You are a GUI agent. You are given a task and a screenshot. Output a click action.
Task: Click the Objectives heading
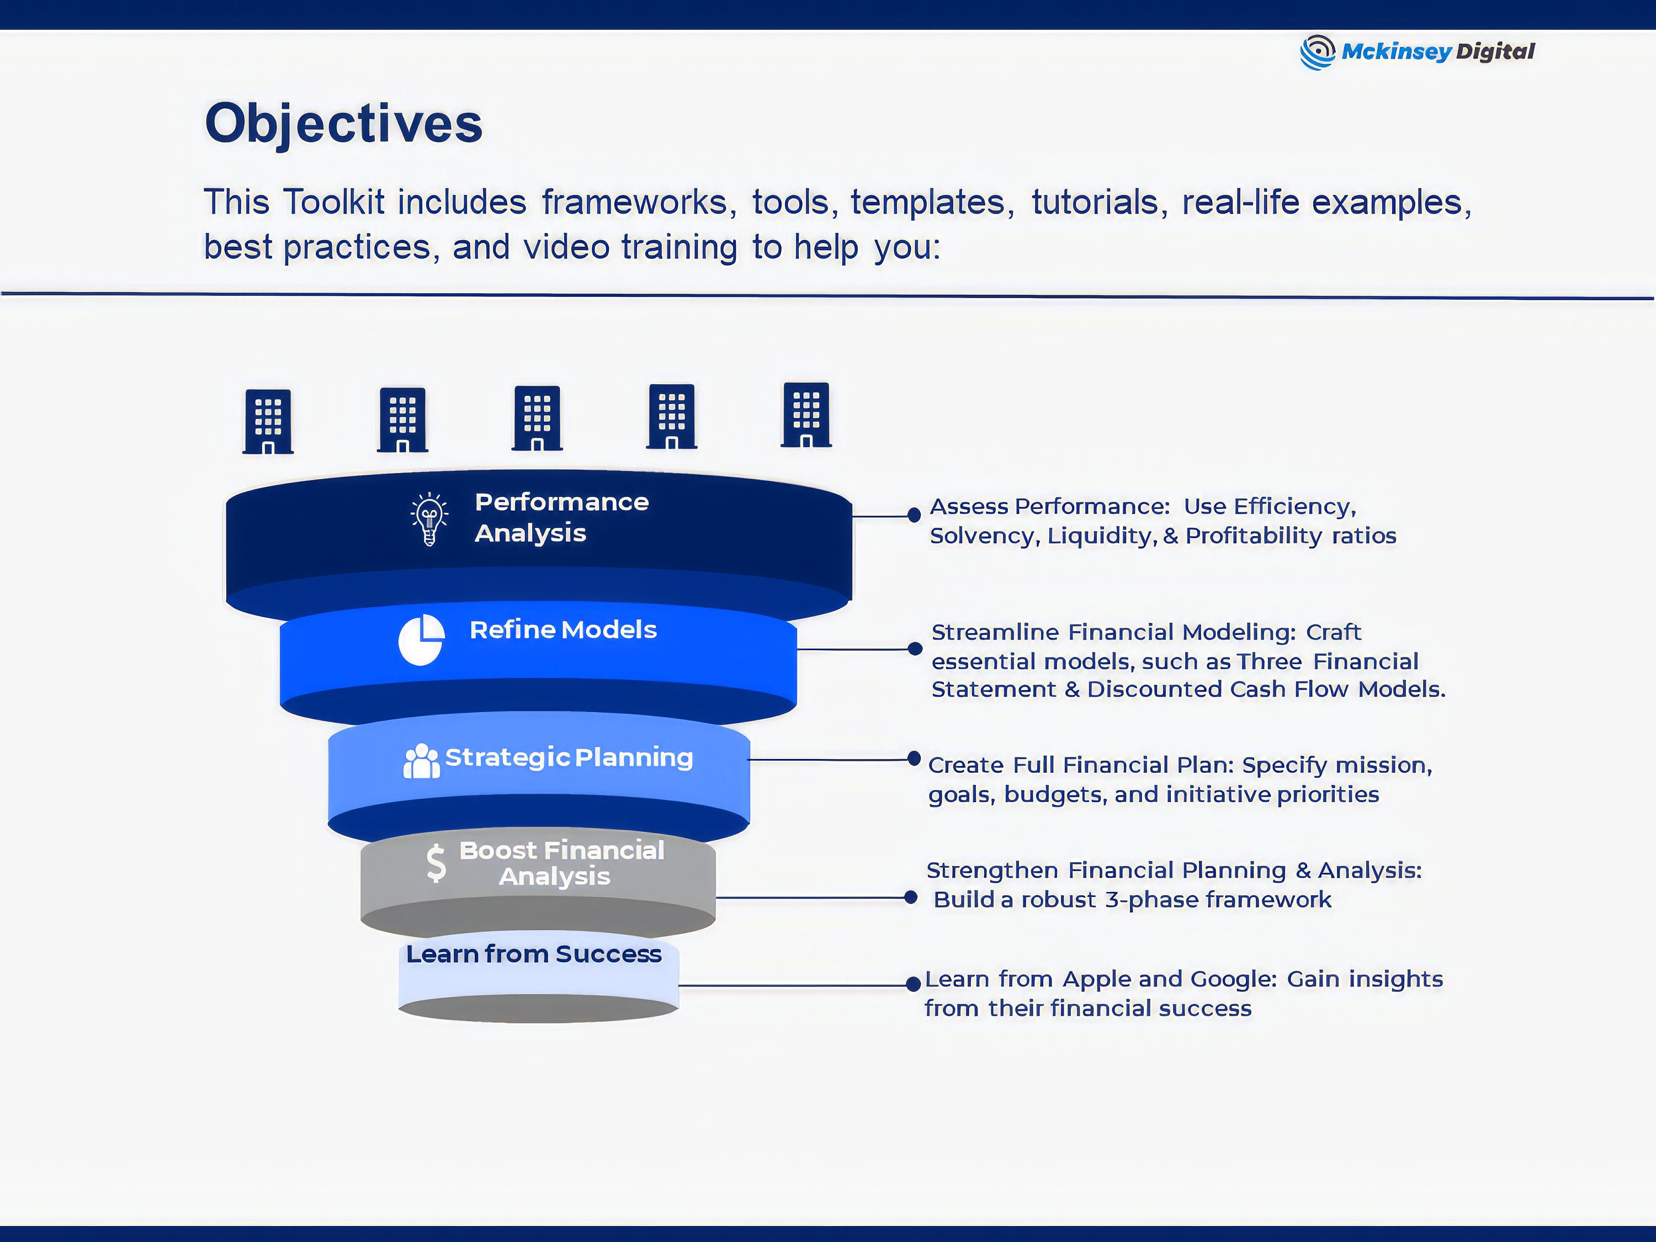(344, 124)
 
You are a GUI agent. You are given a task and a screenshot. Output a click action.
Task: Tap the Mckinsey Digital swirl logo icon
(1317, 52)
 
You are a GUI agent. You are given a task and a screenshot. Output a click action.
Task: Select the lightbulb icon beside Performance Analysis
(429, 519)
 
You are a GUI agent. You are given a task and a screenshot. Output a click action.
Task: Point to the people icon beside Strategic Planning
(422, 761)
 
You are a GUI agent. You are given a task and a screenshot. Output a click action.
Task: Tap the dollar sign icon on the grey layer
(436, 863)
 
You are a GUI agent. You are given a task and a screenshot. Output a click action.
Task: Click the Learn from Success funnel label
(534, 954)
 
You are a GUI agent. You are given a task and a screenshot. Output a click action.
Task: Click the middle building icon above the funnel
(537, 418)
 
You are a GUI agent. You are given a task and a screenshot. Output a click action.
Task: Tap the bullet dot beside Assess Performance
(914, 515)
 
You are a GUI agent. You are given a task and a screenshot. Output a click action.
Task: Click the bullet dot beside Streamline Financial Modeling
(915, 649)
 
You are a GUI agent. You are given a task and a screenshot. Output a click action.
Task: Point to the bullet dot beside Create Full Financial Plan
(914, 758)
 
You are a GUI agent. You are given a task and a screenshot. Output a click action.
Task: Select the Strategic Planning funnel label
(569, 758)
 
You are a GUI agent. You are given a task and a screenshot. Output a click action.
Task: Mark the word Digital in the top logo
(1495, 52)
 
